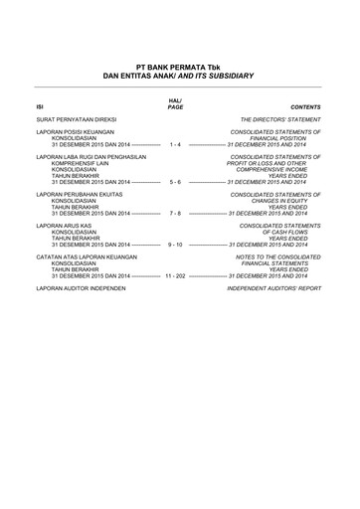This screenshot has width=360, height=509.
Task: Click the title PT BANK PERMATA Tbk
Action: click(x=180, y=65)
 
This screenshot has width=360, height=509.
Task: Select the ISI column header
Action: click(x=40, y=105)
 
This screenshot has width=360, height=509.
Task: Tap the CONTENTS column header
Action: click(x=305, y=105)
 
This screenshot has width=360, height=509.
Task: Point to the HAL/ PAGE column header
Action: click(x=175, y=102)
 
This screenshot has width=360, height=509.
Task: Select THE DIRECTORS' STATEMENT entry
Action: click(x=280, y=118)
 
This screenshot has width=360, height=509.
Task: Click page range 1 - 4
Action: click(x=175, y=144)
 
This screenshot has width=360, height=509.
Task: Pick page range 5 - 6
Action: click(x=175, y=183)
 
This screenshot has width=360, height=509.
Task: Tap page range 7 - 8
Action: click(x=175, y=214)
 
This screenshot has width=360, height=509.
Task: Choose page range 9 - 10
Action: click(x=175, y=245)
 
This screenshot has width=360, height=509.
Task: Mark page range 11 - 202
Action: click(x=175, y=275)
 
